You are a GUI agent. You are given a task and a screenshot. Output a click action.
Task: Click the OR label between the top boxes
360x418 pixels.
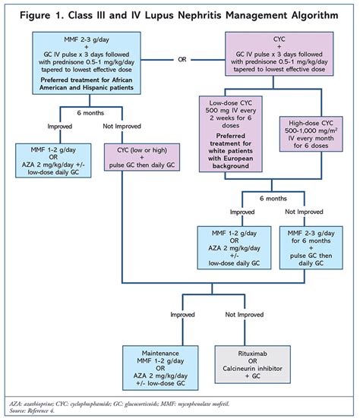(x=182, y=59)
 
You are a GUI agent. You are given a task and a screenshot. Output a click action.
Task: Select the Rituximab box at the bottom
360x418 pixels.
(x=252, y=364)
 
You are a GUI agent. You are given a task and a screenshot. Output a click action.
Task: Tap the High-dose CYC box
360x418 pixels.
(x=311, y=134)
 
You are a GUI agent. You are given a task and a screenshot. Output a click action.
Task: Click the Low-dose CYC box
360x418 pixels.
(x=231, y=134)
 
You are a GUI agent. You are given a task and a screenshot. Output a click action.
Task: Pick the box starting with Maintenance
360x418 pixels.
(x=160, y=368)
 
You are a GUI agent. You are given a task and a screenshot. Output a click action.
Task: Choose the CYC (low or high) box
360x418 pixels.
(x=142, y=157)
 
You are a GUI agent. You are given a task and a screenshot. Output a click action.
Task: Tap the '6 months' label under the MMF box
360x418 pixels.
(x=90, y=113)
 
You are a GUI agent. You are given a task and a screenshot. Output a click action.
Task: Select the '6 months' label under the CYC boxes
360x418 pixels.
(x=273, y=198)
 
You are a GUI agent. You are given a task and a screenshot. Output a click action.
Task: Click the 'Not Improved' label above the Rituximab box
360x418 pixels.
(x=245, y=315)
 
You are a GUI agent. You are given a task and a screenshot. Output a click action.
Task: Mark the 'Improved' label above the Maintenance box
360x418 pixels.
(x=182, y=315)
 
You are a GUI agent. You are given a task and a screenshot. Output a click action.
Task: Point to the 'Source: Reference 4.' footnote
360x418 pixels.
(x=32, y=411)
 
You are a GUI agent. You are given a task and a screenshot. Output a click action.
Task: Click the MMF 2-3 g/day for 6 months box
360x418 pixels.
(x=311, y=247)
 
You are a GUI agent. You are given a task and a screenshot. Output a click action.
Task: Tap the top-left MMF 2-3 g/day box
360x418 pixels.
(x=87, y=63)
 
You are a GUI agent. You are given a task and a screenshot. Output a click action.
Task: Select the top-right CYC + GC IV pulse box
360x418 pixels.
(x=279, y=54)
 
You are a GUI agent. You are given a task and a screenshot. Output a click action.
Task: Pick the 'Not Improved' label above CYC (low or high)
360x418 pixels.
(x=122, y=126)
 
